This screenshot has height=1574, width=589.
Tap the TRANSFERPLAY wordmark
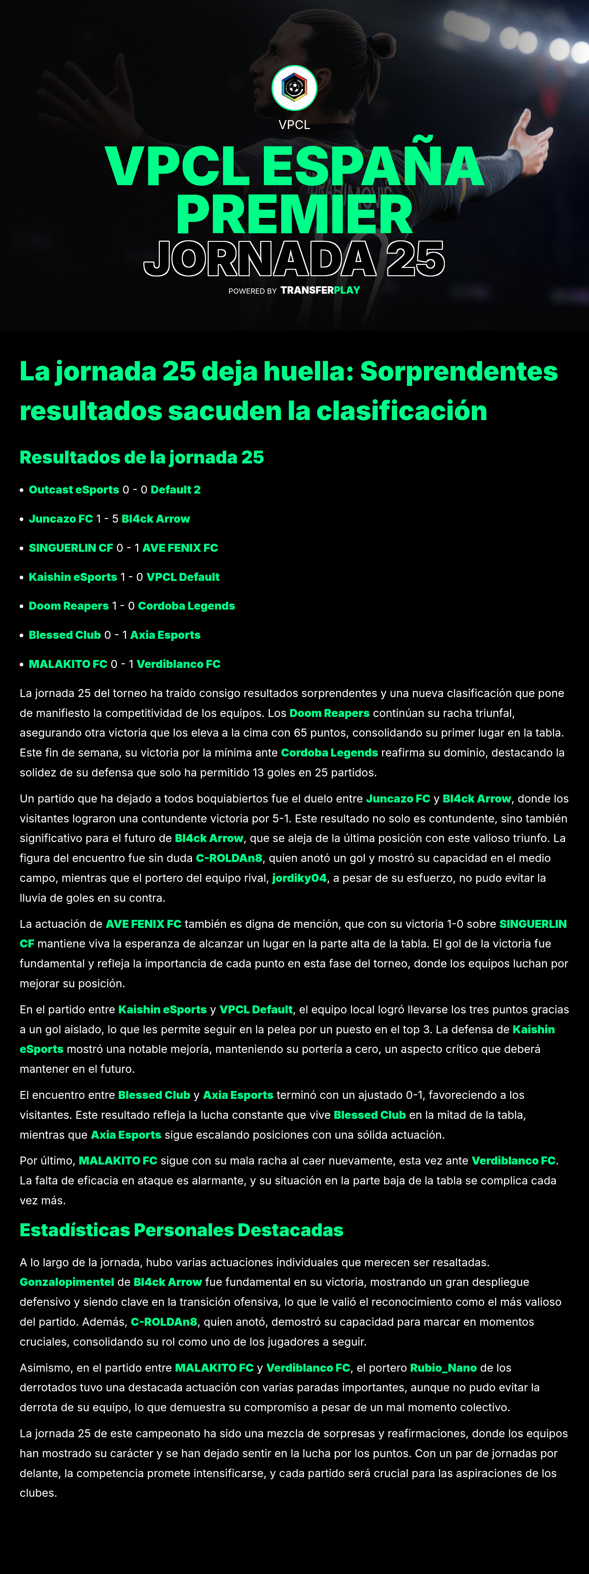320,290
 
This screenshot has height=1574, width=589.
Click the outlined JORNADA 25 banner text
294,258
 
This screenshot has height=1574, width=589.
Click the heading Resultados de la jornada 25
141,457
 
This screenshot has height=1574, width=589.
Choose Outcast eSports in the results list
74,490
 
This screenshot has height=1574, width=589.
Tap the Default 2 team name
175,490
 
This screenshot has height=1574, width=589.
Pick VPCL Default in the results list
183,577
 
